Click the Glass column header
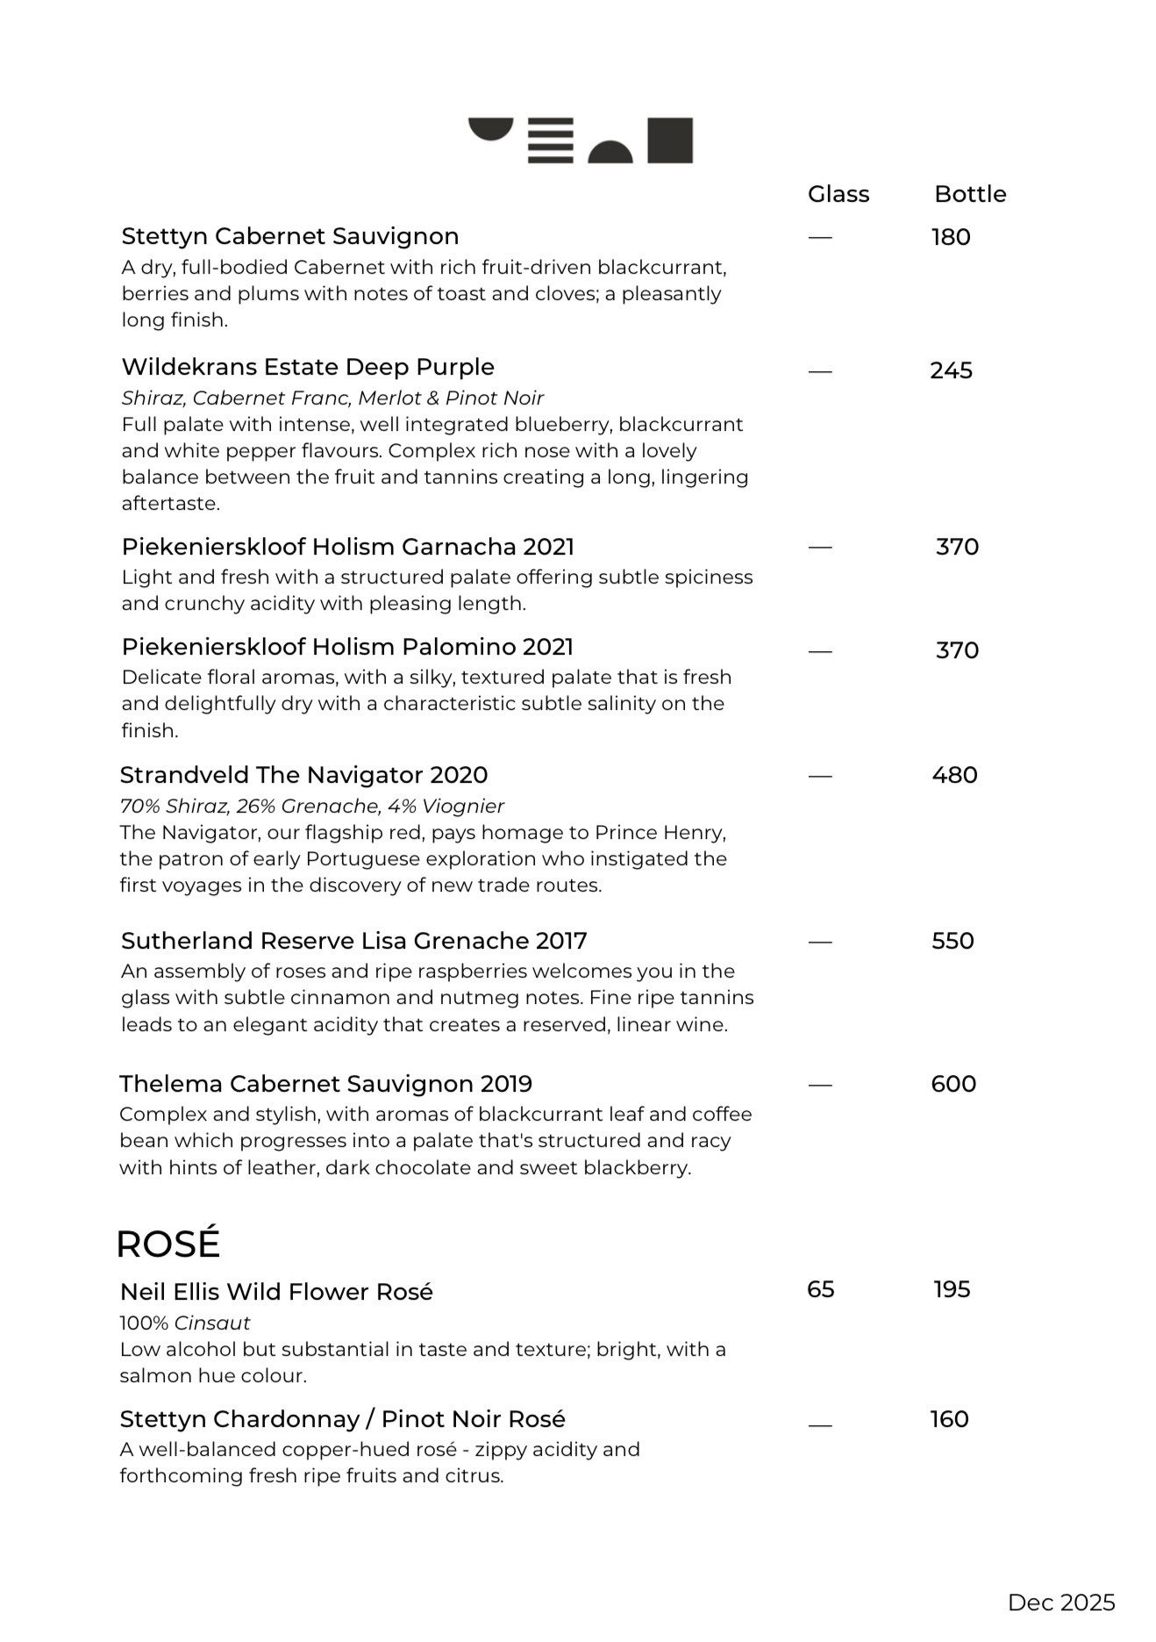pyautogui.click(x=838, y=194)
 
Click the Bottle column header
pyautogui.click(x=969, y=194)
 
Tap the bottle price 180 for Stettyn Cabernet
pyautogui.click(x=951, y=237)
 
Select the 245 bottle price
pyautogui.click(x=951, y=370)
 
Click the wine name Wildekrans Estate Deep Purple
pyautogui.click(x=308, y=367)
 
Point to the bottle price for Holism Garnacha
pyautogui.click(x=957, y=547)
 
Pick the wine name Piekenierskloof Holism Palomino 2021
pyautogui.click(x=347, y=647)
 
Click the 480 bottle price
pyautogui.click(x=954, y=775)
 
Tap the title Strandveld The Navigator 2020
pyautogui.click(x=303, y=775)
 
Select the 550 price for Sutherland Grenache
pyautogui.click(x=953, y=941)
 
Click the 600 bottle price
pyautogui.click(x=953, y=1084)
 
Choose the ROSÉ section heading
pyautogui.click(x=168, y=1244)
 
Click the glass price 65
pyautogui.click(x=820, y=1289)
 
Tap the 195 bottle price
pyautogui.click(x=952, y=1289)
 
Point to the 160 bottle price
pyautogui.click(x=949, y=1419)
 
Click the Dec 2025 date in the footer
pyautogui.click(x=1061, y=1603)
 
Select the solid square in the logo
pyautogui.click(x=670, y=140)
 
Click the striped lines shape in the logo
pyautogui.click(x=550, y=140)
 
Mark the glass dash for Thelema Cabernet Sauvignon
pyautogui.click(x=820, y=1086)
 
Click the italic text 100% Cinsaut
pyautogui.click(x=185, y=1323)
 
